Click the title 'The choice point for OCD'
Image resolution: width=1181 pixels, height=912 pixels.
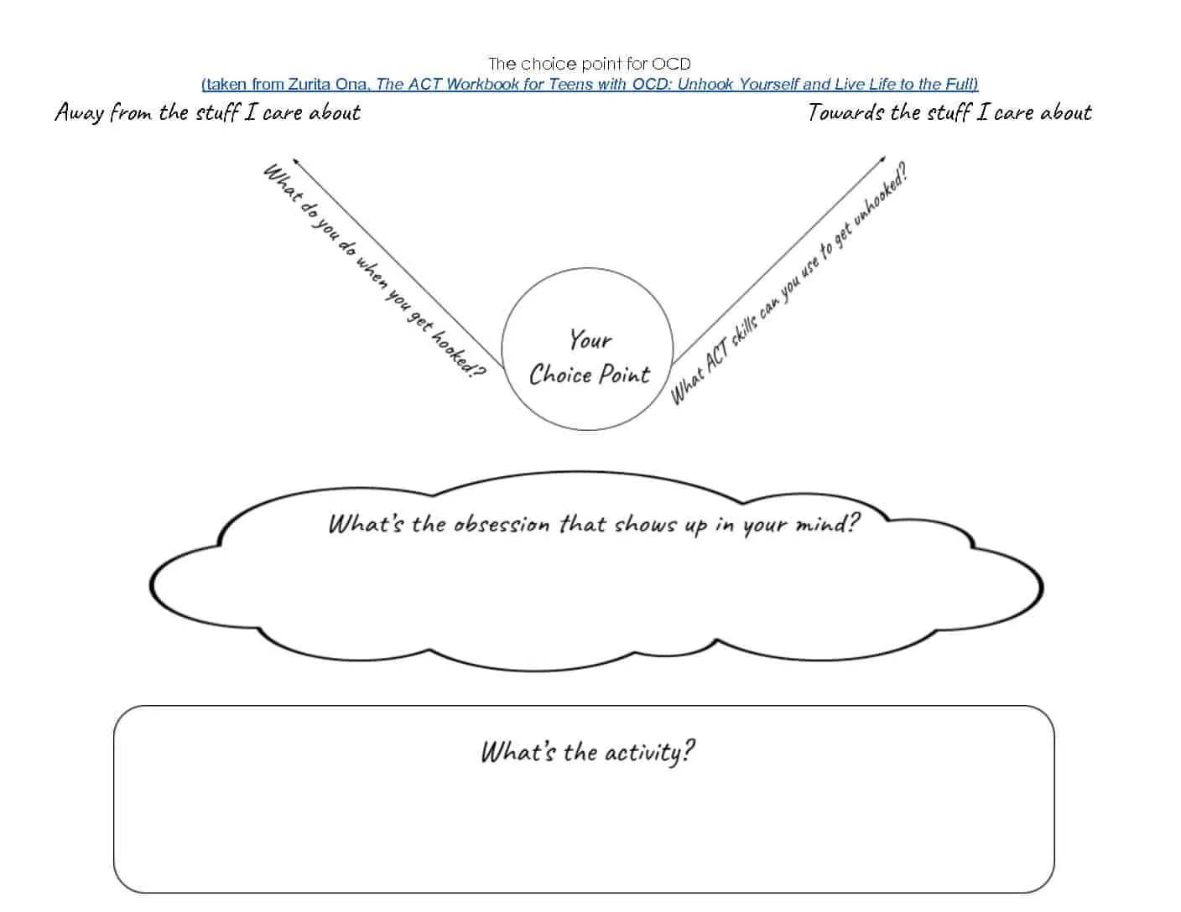[x=589, y=64]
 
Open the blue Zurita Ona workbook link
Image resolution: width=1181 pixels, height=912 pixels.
[x=589, y=84]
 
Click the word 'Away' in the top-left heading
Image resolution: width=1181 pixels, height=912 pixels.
[x=80, y=113]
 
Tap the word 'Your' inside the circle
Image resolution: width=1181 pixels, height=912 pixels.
[x=590, y=340]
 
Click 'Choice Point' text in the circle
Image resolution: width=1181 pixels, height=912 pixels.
[x=589, y=375]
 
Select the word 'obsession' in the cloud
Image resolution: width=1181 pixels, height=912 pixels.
[x=501, y=525]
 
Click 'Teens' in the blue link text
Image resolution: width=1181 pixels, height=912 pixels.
[x=570, y=84]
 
